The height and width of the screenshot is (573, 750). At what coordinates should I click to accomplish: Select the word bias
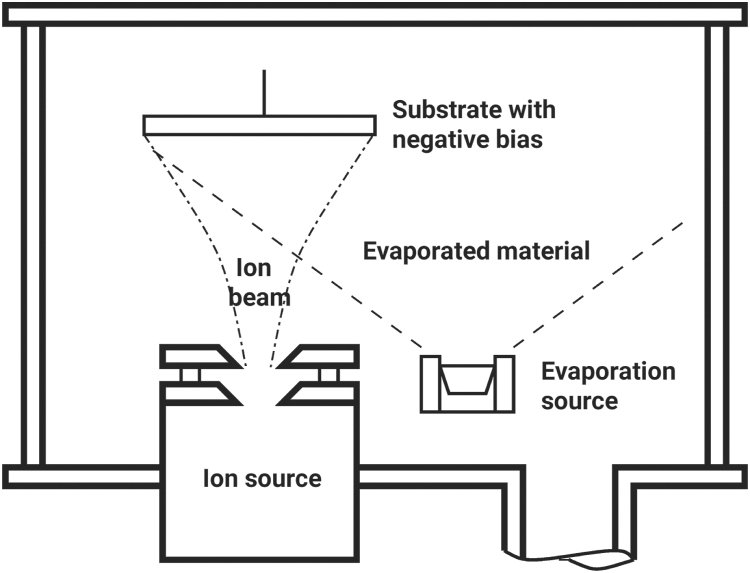click(520, 140)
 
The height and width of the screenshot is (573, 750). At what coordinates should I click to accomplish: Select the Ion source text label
click(258, 479)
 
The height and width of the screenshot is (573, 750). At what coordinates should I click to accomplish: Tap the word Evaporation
click(608, 372)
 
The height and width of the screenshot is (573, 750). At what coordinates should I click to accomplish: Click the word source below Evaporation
click(579, 402)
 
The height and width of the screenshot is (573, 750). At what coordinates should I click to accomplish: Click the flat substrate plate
click(259, 125)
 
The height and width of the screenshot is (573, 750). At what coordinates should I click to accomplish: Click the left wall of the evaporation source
click(431, 384)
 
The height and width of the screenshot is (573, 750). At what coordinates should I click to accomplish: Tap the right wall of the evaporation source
click(505, 384)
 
